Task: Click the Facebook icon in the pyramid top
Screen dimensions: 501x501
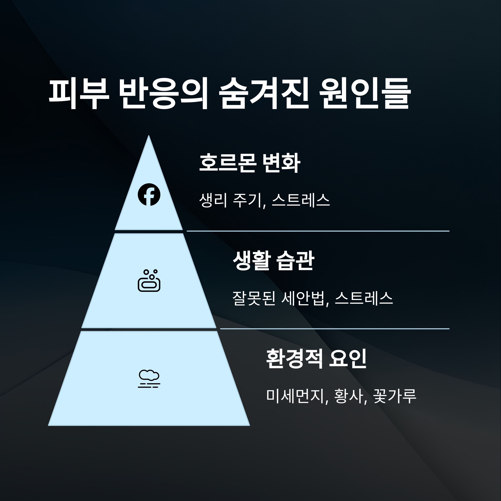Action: coord(149,195)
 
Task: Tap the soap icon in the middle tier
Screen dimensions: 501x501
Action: coord(149,281)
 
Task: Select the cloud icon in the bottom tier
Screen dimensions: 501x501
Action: coord(149,379)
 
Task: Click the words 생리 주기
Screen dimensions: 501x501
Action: coord(230,200)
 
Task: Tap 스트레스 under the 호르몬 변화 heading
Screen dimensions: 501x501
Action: coord(301,200)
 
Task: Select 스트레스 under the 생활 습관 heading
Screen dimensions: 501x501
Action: coord(364,298)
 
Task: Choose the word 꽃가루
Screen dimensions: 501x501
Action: coord(394,396)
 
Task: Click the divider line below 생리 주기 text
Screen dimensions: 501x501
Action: coord(318,231)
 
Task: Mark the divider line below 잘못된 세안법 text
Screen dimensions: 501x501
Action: coord(334,329)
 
